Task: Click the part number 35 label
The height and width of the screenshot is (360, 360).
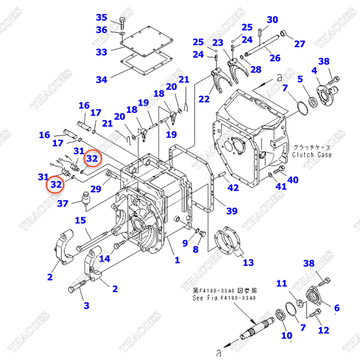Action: [x=101, y=17]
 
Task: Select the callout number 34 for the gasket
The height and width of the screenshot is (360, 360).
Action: [x=101, y=79]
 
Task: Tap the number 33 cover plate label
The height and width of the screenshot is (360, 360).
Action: [x=101, y=52]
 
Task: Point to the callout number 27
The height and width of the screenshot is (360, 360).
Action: [x=299, y=43]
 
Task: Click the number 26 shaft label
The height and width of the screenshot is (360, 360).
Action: [x=275, y=58]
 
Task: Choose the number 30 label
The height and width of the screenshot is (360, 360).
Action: [x=272, y=20]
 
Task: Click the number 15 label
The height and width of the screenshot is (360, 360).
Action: [x=80, y=220]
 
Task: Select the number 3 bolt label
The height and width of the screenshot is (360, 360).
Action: [x=86, y=305]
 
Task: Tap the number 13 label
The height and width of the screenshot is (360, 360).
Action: [x=247, y=262]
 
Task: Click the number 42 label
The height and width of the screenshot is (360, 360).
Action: [x=233, y=188]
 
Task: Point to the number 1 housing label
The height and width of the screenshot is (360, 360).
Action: [x=177, y=260]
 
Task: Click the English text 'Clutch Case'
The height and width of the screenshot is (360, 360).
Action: [x=312, y=155]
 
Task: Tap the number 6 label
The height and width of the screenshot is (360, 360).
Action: [x=336, y=308]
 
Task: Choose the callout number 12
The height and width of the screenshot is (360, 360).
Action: [x=323, y=329]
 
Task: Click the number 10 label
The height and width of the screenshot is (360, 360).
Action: [x=287, y=335]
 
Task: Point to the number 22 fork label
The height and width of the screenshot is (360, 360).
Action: [x=205, y=99]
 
